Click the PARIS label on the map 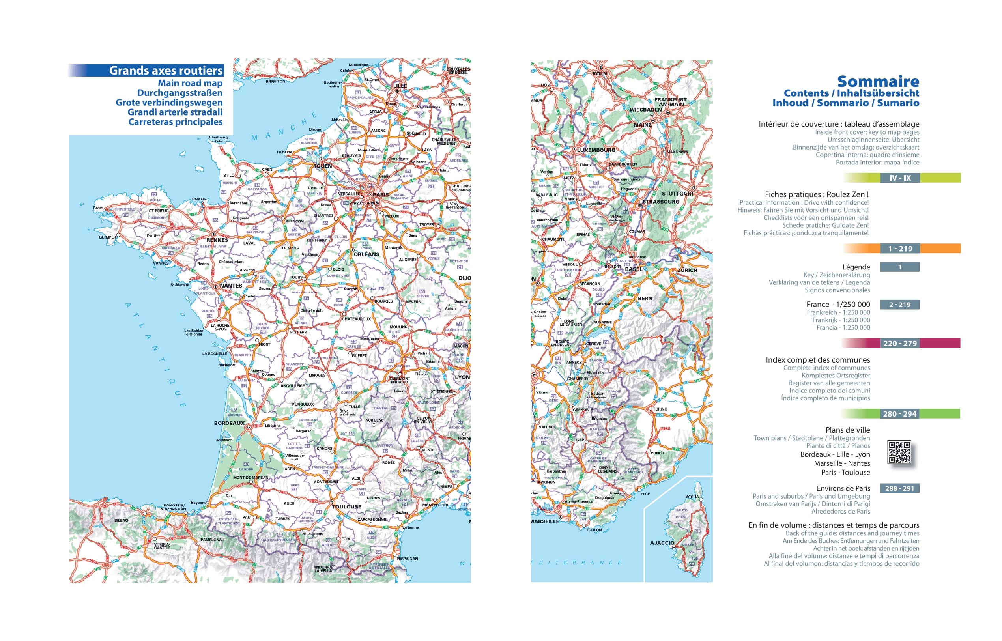381,194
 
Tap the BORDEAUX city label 229,423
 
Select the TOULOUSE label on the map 346,506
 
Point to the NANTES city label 231,286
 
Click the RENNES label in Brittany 217,240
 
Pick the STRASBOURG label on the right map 661,202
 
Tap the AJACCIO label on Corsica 662,543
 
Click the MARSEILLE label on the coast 545,521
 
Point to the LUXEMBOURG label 596,150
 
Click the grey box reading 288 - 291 899,488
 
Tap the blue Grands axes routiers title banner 166,70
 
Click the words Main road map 190,83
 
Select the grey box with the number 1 899,267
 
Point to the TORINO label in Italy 660,409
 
